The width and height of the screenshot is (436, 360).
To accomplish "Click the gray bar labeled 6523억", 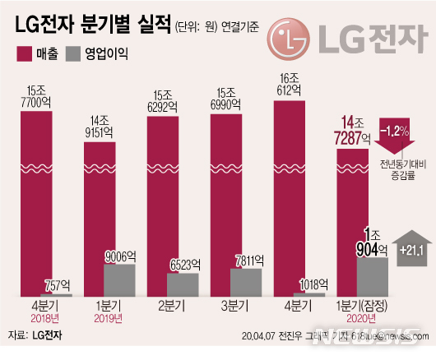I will (x=182, y=284).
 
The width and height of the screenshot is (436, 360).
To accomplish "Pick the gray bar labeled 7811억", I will (x=245, y=282).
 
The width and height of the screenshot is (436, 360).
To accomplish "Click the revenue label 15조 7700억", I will (x=36, y=94).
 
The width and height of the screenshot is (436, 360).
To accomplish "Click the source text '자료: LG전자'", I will (x=37, y=336).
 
